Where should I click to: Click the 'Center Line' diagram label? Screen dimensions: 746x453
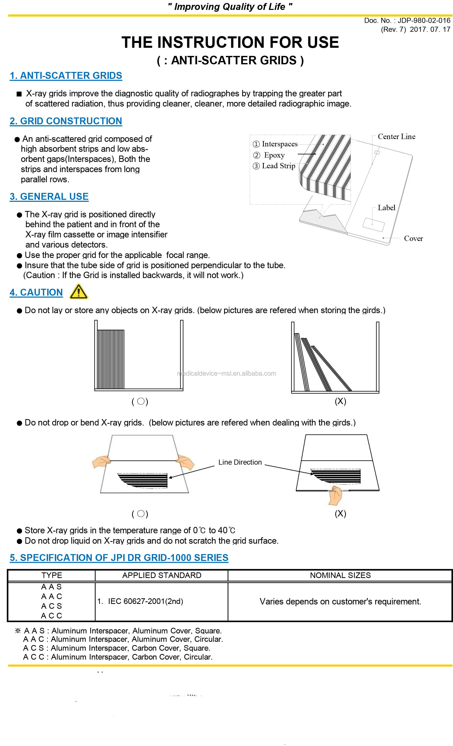coord(396,136)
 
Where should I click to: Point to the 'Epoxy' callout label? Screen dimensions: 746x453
coord(274,155)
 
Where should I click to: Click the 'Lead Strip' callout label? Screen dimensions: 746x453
coord(278,166)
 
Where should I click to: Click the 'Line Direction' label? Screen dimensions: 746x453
coord(240,462)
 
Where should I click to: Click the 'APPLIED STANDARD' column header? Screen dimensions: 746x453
coord(162,575)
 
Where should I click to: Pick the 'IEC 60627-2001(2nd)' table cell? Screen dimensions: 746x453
coord(145,601)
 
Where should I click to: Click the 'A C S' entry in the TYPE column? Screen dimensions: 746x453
coord(52,606)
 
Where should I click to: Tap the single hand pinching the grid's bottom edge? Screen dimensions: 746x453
coord(335,495)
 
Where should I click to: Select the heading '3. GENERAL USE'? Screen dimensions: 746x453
coord(49,196)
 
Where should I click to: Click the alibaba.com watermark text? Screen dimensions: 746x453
coord(226,373)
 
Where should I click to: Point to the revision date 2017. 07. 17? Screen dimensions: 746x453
coord(430,29)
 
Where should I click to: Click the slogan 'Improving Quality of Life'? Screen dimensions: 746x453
coord(230,7)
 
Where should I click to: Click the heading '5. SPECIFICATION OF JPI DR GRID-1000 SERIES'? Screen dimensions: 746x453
coord(119,558)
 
